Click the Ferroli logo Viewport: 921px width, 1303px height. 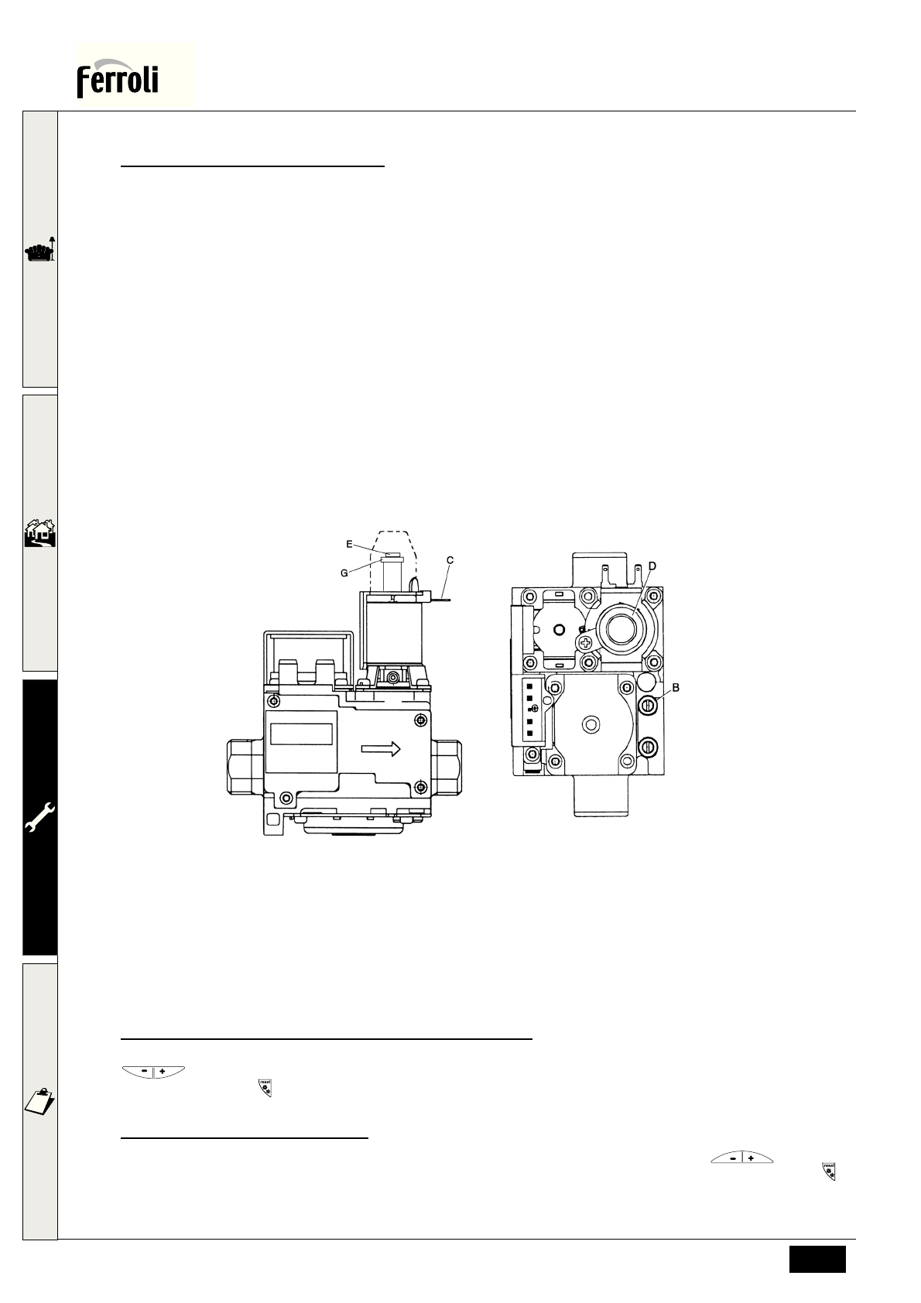[x=118, y=77]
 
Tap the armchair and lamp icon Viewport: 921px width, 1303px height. [x=40, y=249]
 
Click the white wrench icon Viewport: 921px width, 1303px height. [x=40, y=817]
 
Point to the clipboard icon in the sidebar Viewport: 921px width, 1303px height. [x=40, y=1100]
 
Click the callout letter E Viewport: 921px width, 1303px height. [x=349, y=545]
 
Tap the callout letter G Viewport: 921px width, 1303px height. [x=344, y=573]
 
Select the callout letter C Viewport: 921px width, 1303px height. [x=450, y=561]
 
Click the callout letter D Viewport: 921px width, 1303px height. [x=652, y=566]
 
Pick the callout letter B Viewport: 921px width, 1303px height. [x=676, y=688]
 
